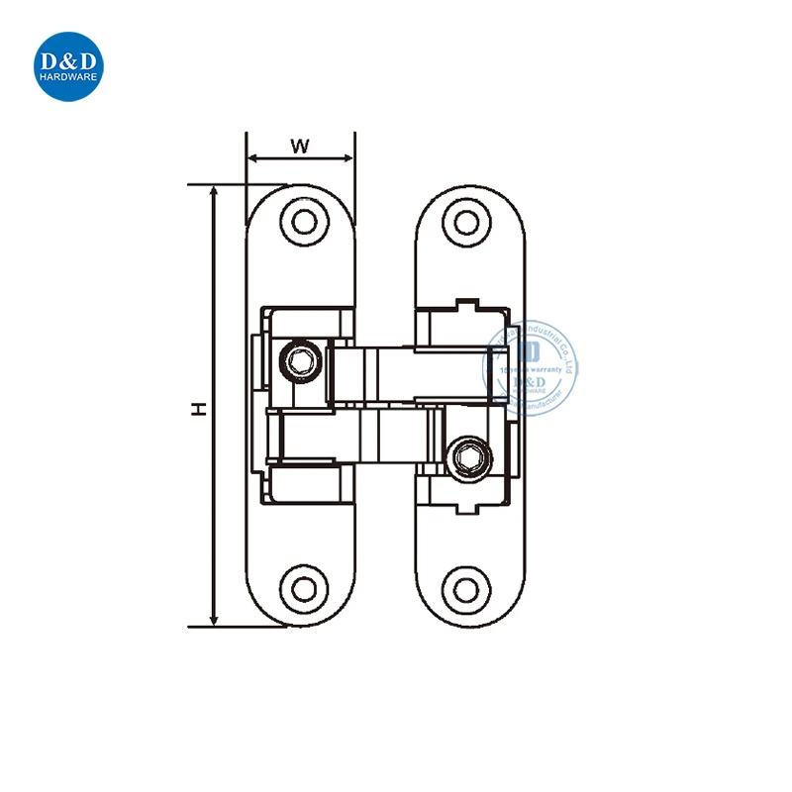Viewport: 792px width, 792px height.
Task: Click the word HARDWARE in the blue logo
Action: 70,81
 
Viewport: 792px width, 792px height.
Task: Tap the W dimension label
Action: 300,146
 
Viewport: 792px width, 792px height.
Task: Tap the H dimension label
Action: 198,408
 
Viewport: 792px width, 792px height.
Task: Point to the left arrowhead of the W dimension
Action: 251,158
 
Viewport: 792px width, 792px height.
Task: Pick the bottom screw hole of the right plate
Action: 463,589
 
